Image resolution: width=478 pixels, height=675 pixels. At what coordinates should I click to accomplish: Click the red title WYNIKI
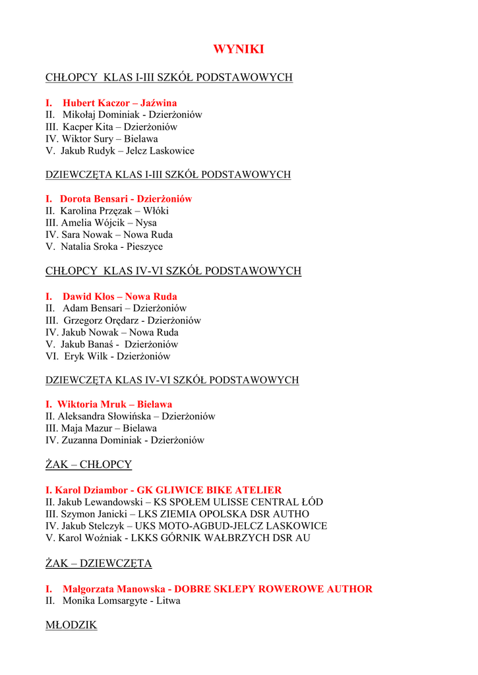pyautogui.click(x=239, y=49)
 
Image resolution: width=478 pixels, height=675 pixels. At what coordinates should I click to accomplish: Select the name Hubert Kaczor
pyautogui.click(x=96, y=103)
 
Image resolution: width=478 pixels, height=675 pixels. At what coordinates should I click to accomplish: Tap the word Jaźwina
pyautogui.click(x=159, y=103)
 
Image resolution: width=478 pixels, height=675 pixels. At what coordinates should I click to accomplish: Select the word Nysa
pyautogui.click(x=146, y=222)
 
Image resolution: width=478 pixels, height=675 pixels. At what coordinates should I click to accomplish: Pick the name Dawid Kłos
pyautogui.click(x=88, y=297)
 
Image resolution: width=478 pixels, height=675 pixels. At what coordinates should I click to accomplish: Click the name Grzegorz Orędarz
pyautogui.click(x=100, y=320)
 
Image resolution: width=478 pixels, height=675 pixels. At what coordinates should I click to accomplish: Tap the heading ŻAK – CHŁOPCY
pyautogui.click(x=88, y=464)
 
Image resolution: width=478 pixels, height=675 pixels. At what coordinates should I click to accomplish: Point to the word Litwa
pyautogui.click(x=168, y=601)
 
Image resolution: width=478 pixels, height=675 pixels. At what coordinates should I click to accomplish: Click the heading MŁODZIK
pyautogui.click(x=71, y=624)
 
